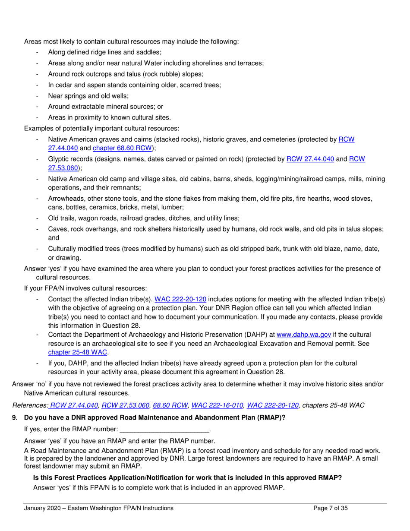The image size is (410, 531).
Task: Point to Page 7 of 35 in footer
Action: click(x=330, y=508)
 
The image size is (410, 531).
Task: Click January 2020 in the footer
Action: click(x=42, y=508)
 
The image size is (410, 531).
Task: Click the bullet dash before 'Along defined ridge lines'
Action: click(x=38, y=53)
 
